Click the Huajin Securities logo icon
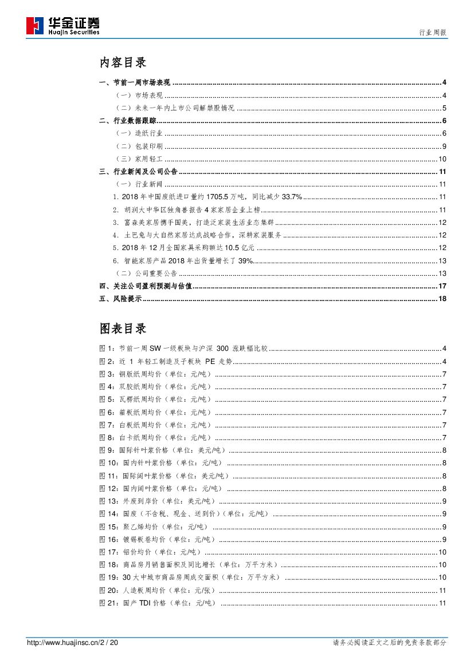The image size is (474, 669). [35, 25]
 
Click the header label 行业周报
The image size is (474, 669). [433, 33]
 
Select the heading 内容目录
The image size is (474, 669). [123, 62]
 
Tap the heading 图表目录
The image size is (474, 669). [123, 328]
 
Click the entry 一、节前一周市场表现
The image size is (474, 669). [135, 83]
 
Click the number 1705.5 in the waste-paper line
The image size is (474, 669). [214, 197]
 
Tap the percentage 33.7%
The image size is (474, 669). [291, 197]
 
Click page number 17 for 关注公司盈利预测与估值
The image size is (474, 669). [442, 286]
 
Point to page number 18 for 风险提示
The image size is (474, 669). [442, 299]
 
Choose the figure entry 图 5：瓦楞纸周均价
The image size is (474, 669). [155, 399]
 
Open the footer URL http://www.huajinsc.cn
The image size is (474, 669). [63, 643]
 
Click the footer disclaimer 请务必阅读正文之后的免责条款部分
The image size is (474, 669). [390, 643]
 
